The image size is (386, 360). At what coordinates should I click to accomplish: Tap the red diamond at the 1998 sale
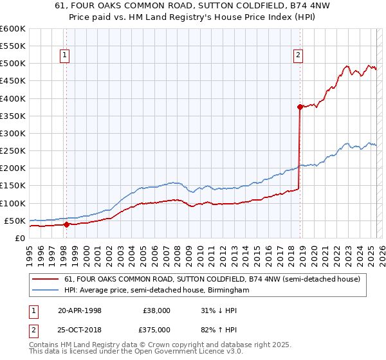[66, 224]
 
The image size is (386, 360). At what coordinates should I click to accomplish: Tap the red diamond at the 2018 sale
[300, 107]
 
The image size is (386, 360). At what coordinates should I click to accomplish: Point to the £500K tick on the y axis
[14, 64]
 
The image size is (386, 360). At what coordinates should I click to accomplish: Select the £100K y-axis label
[14, 203]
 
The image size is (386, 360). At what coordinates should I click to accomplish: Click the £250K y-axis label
[14, 151]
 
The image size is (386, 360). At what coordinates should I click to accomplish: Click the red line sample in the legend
[46, 279]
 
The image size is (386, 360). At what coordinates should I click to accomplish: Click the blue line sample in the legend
[46, 291]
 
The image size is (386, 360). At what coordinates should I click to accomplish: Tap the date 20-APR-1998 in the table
[80, 310]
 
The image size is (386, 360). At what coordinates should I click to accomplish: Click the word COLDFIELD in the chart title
[239, 7]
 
